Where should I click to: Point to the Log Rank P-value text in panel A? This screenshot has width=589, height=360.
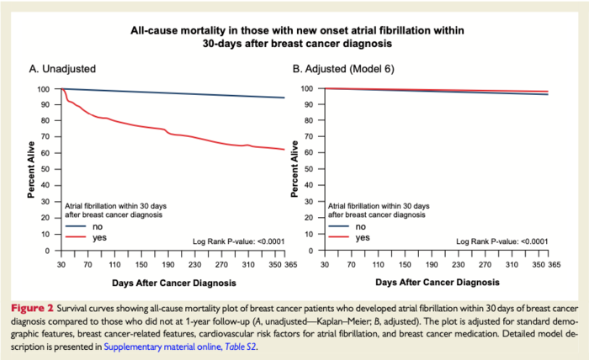pyautogui.click(x=238, y=241)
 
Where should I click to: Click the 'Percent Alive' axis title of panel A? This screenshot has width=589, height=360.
pyautogui.click(x=30, y=170)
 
